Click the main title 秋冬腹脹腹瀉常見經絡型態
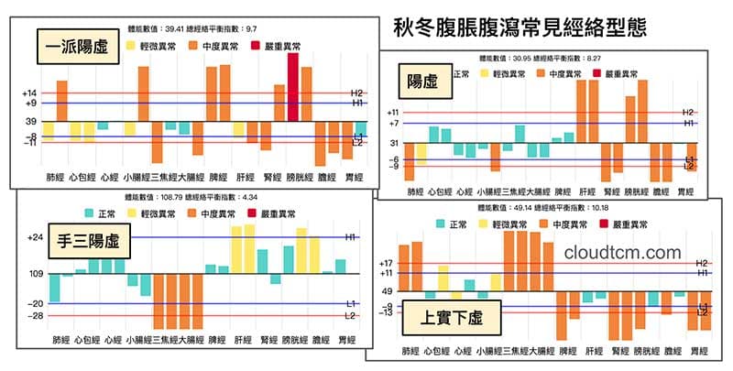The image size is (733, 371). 520,26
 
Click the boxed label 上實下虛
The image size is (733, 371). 452,319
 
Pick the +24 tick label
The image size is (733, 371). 36,237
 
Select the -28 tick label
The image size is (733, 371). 36,316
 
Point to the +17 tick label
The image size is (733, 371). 387,264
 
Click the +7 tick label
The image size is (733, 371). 394,123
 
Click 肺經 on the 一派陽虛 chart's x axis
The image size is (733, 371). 55,174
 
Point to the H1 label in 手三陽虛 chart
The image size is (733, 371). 351,237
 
